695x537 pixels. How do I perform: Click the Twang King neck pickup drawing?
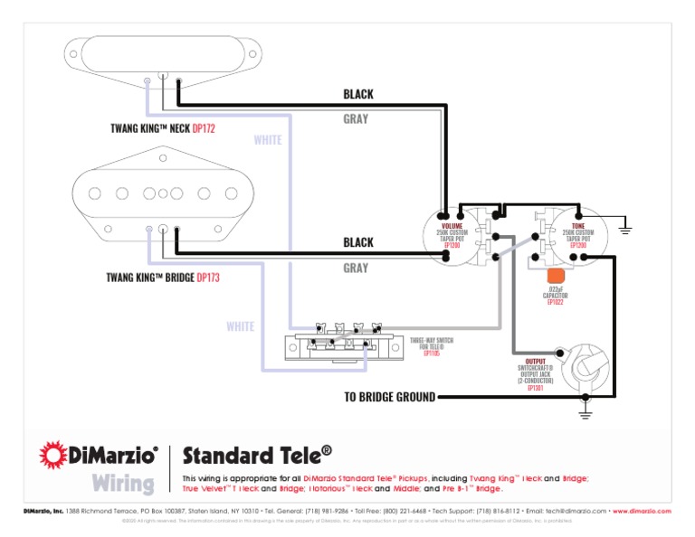coord(164,52)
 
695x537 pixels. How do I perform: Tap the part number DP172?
coord(204,129)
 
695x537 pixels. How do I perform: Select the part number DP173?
coord(207,278)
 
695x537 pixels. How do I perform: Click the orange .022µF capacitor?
coord(557,276)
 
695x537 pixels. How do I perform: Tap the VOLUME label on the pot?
coord(452,225)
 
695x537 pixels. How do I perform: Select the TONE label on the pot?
coord(577,225)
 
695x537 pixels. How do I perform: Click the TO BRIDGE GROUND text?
coord(389,397)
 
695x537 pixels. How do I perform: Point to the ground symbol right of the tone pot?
coord(625,229)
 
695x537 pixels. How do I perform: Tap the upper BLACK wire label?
coord(357,94)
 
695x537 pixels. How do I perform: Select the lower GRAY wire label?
coord(356,268)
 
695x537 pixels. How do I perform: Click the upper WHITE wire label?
coord(267,140)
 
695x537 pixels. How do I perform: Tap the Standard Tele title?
coord(256,454)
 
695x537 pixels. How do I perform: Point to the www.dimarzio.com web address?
coord(642,511)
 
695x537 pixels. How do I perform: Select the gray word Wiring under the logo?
coord(122,483)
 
